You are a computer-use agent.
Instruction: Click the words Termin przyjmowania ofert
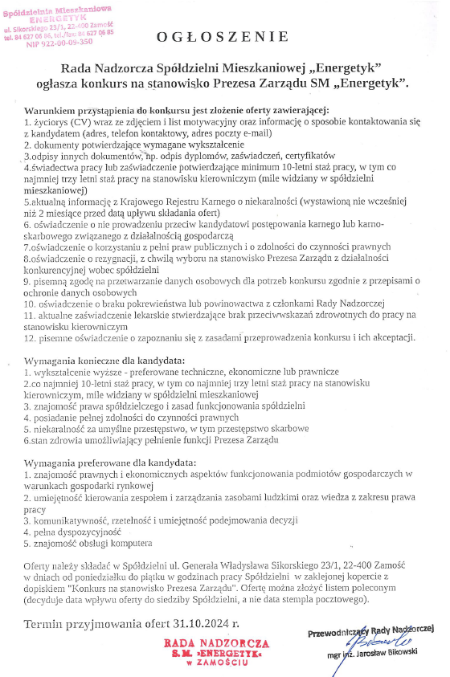pyautogui.click(x=104, y=623)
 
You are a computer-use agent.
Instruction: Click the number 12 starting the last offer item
pyautogui.click(x=29, y=339)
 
